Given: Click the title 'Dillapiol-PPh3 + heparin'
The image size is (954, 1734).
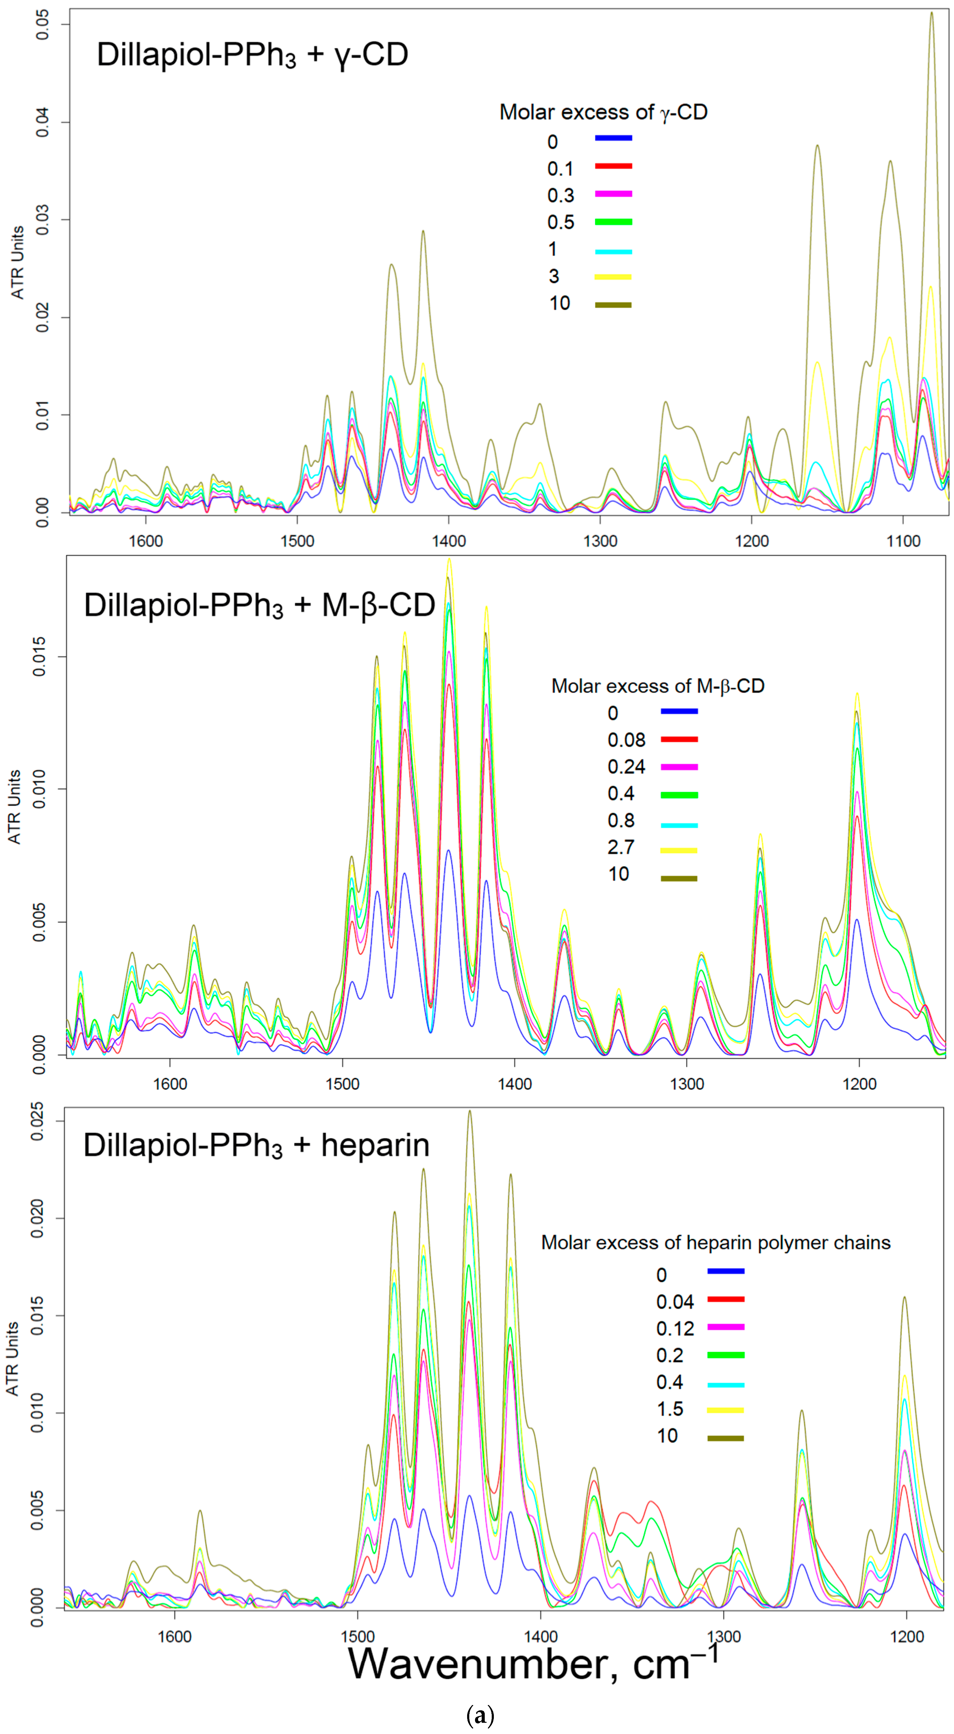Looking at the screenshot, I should pyautogui.click(x=256, y=1145).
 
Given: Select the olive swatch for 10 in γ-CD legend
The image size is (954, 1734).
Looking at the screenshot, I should pyautogui.click(x=613, y=305).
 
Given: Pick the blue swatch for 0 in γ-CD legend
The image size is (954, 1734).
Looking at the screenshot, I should pyautogui.click(x=613, y=138).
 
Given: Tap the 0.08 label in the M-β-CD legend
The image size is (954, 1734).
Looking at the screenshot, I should pyautogui.click(x=626, y=740).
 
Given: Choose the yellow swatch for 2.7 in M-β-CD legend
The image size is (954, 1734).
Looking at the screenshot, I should pyautogui.click(x=679, y=850).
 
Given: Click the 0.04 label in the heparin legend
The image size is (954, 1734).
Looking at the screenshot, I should pyautogui.click(x=675, y=1302).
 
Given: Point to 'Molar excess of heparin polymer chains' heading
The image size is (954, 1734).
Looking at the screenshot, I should pyautogui.click(x=716, y=1243).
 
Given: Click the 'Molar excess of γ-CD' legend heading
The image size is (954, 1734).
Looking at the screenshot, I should pyautogui.click(x=603, y=112).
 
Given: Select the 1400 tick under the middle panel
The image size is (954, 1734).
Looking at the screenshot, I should pyautogui.click(x=515, y=1084).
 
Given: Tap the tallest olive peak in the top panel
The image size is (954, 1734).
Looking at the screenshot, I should pyautogui.click(x=932, y=13).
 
